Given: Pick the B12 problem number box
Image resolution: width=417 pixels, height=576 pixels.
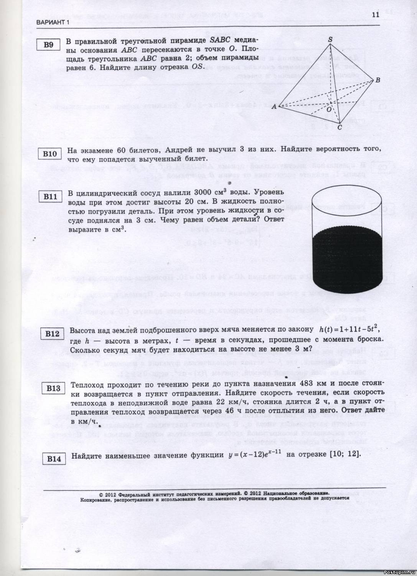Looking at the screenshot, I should point(52,334).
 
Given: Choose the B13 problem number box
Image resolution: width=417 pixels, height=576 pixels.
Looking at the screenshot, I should point(53,389).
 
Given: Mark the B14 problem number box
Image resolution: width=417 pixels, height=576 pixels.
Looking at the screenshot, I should point(54,458).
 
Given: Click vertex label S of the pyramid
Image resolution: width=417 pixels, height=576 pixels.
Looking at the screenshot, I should point(330,40).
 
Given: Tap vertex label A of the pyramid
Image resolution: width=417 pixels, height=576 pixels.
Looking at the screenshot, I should point(274,107).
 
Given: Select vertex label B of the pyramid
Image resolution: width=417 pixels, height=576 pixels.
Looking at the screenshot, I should point(377,80).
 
